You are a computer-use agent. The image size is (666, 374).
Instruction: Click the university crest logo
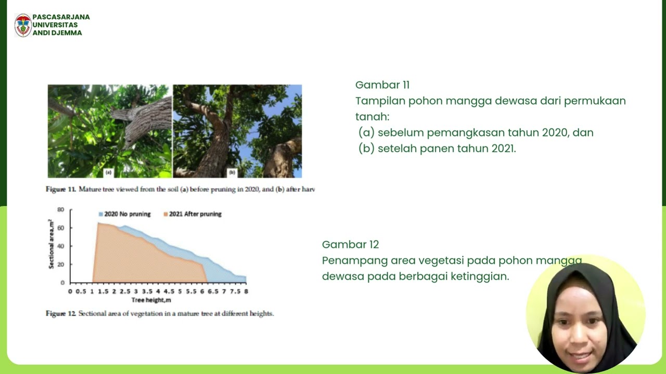click(x=23, y=25)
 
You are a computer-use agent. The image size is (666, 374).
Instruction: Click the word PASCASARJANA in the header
click(x=61, y=17)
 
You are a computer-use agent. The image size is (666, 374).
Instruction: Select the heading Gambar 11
click(x=382, y=85)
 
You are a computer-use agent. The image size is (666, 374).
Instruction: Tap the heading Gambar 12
click(x=350, y=245)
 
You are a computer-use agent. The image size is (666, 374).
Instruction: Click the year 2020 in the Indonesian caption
click(x=555, y=132)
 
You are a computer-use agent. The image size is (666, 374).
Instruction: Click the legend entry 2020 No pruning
click(x=124, y=214)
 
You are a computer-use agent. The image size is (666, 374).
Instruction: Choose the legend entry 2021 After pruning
click(x=192, y=214)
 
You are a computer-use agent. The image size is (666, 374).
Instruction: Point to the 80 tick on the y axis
click(x=61, y=209)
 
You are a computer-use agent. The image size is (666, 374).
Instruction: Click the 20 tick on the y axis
click(x=61, y=264)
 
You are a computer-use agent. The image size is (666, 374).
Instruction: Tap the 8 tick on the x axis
click(x=246, y=291)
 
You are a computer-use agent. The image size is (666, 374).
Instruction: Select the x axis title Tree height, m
click(x=151, y=300)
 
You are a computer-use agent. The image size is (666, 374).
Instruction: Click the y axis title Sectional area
click(x=51, y=244)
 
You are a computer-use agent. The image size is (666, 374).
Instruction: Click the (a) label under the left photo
click(x=108, y=172)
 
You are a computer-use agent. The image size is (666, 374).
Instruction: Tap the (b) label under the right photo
click(x=232, y=172)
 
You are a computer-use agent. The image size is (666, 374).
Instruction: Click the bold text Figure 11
click(x=61, y=190)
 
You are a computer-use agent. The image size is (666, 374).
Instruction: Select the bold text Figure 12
click(x=61, y=314)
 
